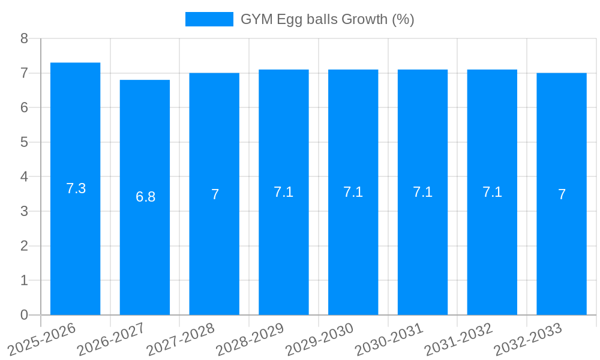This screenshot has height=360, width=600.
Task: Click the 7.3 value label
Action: click(x=76, y=188)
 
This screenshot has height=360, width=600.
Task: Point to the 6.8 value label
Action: click(x=145, y=197)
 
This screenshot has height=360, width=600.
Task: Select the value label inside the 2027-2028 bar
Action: click(x=215, y=194)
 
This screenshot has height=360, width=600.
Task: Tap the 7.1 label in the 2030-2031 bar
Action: click(x=422, y=192)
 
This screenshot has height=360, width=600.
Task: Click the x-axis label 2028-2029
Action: click(x=250, y=339)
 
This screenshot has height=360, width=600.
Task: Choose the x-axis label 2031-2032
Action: click(x=458, y=339)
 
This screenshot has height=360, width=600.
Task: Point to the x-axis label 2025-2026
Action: click(x=42, y=339)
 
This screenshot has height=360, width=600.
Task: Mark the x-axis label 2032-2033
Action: click(x=528, y=339)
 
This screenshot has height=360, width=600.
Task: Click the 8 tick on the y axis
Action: click(x=24, y=38)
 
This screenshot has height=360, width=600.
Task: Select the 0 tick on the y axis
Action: click(x=24, y=315)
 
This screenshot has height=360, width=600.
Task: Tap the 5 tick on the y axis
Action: click(x=24, y=142)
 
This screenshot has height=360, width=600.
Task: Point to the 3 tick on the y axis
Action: click(x=24, y=211)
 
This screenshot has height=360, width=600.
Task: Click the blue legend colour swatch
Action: click(x=209, y=19)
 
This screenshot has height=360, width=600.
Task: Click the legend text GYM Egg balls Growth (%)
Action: click(x=327, y=19)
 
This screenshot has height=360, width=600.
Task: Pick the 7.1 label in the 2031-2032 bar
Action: click(x=492, y=192)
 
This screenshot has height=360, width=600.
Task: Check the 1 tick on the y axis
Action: click(x=24, y=280)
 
